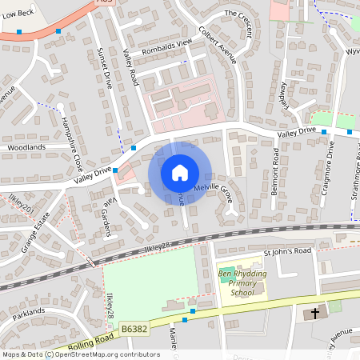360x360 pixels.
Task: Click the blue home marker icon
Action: point(179,173)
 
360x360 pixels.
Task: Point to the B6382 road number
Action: point(136,328)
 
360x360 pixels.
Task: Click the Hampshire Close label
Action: point(73,145)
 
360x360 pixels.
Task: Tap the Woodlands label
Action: point(26,148)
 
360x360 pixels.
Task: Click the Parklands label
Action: point(29,310)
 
